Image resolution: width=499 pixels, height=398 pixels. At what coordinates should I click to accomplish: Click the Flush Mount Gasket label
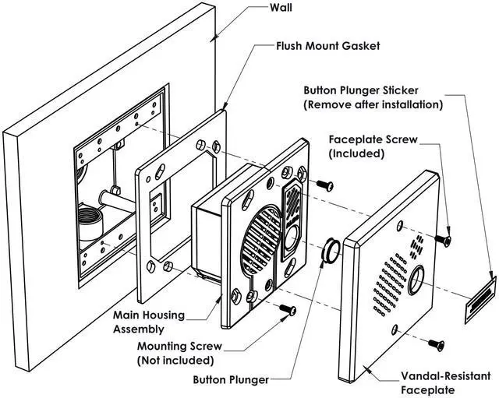(x=328, y=46)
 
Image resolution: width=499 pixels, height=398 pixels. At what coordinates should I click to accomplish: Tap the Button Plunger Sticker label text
(x=372, y=90)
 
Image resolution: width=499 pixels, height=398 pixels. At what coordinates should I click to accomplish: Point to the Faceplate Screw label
(x=373, y=140)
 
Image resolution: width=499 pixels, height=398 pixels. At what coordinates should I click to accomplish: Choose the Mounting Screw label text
(x=179, y=347)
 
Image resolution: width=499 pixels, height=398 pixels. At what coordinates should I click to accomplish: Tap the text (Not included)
(x=175, y=361)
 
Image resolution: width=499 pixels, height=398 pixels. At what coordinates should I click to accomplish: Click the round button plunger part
(x=331, y=250)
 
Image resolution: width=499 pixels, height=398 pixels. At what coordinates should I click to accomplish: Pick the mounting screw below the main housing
(x=288, y=310)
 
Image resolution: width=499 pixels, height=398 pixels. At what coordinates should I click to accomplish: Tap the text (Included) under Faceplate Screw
(x=356, y=153)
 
